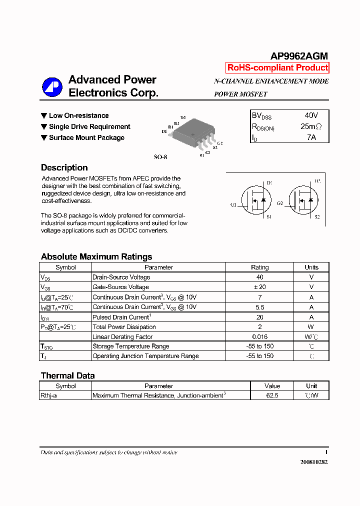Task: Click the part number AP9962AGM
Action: (x=299, y=56)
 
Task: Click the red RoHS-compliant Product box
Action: (x=277, y=68)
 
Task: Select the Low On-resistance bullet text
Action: (x=78, y=115)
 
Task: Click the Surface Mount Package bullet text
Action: (x=86, y=137)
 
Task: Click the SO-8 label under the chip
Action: (x=160, y=156)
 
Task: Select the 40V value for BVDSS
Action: (x=311, y=115)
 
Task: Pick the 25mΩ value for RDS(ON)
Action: (x=311, y=126)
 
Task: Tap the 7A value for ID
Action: (x=311, y=137)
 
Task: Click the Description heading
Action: (x=64, y=167)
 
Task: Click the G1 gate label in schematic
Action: (x=233, y=204)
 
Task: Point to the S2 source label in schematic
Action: (x=317, y=217)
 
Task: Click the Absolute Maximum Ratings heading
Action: (x=96, y=256)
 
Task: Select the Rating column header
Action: (x=259, y=267)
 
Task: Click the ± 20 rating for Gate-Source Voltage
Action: (x=259, y=287)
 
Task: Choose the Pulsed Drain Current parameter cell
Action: (x=121, y=317)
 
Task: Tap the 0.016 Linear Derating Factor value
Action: (x=259, y=336)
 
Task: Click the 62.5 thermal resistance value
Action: (x=272, y=395)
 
